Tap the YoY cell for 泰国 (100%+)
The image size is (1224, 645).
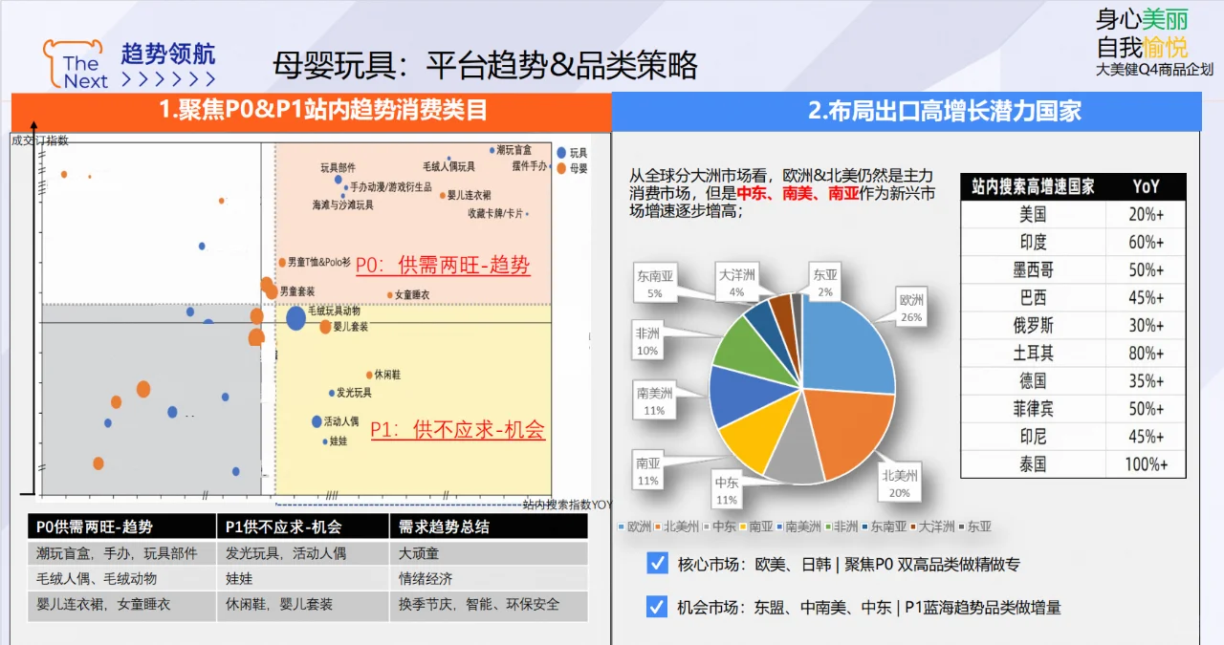(x=1146, y=464)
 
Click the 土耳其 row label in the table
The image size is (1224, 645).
(x=1033, y=354)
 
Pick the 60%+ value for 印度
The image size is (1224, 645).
(x=1146, y=242)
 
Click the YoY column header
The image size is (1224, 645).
(x=1146, y=186)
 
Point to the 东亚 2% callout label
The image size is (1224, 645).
(x=823, y=282)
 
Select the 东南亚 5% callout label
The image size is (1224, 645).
(x=655, y=284)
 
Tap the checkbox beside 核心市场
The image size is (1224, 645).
(x=657, y=563)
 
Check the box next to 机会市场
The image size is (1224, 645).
(x=657, y=606)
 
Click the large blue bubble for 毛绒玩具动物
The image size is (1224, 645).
(x=296, y=318)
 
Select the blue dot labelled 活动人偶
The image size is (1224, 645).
(x=317, y=421)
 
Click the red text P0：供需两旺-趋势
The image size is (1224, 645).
(x=442, y=265)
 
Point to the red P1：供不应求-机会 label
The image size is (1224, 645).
(x=457, y=430)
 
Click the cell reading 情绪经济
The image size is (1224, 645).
(x=426, y=578)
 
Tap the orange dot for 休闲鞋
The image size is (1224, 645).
(x=369, y=375)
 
